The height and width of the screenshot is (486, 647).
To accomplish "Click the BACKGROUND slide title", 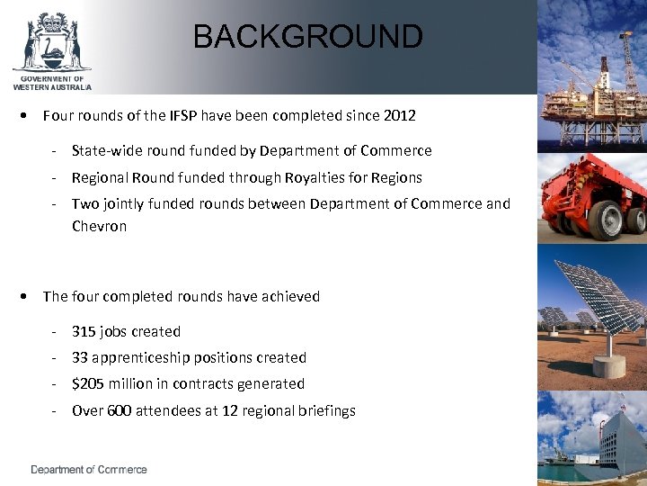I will click(307, 37).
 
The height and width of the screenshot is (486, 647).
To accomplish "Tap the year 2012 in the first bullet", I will click(398, 115).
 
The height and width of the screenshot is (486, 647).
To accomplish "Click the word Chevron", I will click(99, 226).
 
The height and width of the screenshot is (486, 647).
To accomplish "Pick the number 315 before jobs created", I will click(84, 331).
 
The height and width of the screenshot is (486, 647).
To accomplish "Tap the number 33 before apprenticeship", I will click(81, 357).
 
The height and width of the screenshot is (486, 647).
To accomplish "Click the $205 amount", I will click(88, 383).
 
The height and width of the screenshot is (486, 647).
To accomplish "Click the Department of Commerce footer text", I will click(89, 470).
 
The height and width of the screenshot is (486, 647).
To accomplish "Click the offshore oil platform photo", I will click(592, 81).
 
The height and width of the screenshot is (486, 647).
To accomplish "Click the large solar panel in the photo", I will click(598, 301).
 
